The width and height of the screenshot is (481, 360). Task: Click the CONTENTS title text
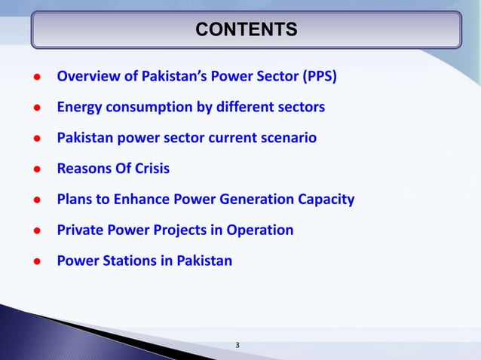coord(246,29)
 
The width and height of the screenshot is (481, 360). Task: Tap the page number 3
coord(237,346)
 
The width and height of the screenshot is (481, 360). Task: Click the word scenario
coord(290,138)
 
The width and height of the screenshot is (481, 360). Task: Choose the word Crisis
coord(149,169)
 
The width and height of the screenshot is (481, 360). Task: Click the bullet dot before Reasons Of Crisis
coord(35,169)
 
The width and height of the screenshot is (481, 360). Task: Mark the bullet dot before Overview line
coord(35,77)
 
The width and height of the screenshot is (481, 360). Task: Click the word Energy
coord(78,107)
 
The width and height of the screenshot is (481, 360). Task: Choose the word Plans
coord(74,200)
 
